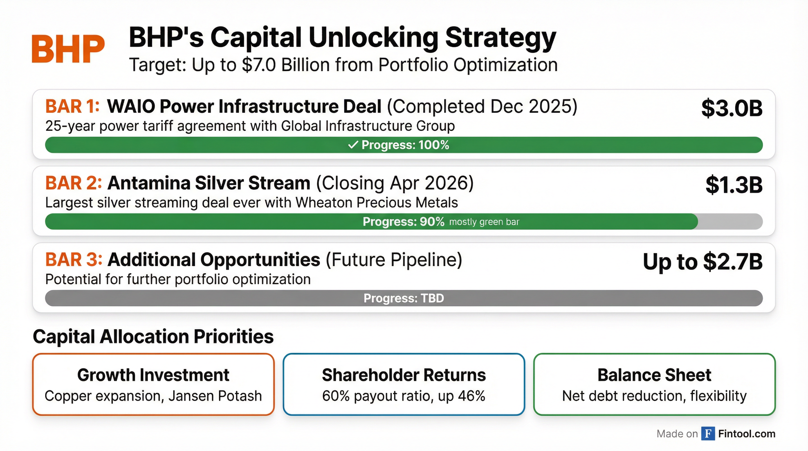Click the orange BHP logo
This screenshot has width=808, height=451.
[x=68, y=49]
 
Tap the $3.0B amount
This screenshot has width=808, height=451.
[x=731, y=109]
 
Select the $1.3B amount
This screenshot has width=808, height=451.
[x=734, y=185]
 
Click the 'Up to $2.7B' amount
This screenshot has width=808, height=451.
[x=702, y=262]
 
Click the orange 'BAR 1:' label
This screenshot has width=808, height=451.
[x=73, y=106]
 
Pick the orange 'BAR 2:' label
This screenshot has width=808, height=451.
[x=73, y=183]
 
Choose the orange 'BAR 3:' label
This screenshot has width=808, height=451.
[x=73, y=260]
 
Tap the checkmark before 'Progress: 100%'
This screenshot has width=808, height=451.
[x=353, y=145]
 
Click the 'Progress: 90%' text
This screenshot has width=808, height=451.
[x=403, y=222]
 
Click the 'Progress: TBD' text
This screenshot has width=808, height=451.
[x=404, y=298]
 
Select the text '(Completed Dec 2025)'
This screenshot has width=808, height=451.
[x=482, y=106]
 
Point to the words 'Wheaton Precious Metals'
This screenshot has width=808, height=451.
[x=377, y=203]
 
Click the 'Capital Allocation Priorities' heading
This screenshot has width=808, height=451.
[x=153, y=336]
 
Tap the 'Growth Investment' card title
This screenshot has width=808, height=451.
[x=153, y=375]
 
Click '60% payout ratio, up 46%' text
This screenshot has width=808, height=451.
[x=404, y=396]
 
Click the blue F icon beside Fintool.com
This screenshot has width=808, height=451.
[x=708, y=434]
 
